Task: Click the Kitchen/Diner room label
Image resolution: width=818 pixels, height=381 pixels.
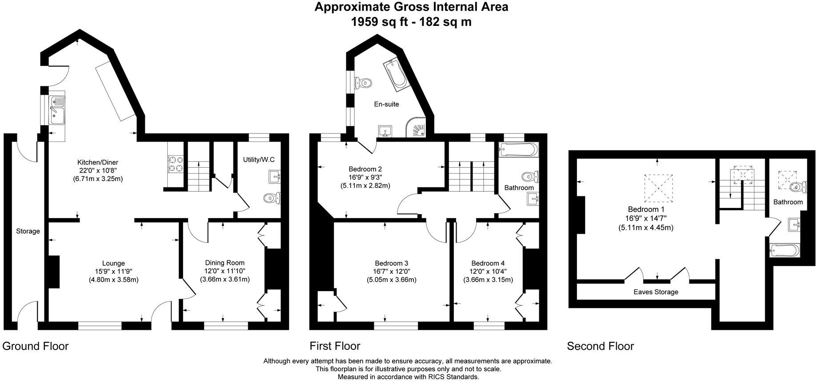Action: click(x=97, y=162)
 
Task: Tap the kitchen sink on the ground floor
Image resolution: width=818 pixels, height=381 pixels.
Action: click(x=57, y=110)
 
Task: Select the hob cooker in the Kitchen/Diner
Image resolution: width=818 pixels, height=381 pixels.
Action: click(x=175, y=163)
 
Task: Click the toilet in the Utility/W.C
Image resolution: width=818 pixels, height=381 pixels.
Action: click(x=271, y=199)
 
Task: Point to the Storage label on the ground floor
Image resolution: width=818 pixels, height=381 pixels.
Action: click(x=28, y=231)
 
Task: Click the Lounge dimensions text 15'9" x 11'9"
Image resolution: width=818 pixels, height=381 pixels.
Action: click(x=113, y=271)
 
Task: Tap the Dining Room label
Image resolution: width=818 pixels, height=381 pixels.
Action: click(x=225, y=263)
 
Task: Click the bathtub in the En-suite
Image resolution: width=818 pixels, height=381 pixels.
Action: click(x=395, y=74)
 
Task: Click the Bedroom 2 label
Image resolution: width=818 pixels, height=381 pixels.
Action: click(x=365, y=169)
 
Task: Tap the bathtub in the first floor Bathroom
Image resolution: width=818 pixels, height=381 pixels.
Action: click(x=518, y=150)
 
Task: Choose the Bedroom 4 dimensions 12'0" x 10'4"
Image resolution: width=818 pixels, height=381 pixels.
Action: click(x=488, y=271)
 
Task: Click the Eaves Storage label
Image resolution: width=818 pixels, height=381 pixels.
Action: click(x=656, y=292)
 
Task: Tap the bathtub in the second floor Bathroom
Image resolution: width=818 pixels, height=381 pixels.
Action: click(x=785, y=251)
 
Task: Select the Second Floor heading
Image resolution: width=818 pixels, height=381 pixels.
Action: click(x=600, y=346)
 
